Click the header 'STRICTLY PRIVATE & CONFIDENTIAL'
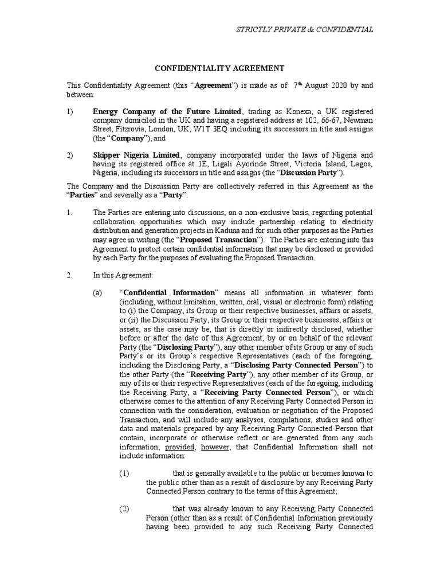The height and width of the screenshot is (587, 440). coord(305,30)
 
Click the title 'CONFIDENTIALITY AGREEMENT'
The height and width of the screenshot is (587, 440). coord(220,68)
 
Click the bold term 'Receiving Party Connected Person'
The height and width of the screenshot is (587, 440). coord(268,393)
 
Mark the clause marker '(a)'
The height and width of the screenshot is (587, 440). coord(98,292)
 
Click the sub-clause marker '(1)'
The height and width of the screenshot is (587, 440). coord(125,473)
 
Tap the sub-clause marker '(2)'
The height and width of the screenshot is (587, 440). coord(125,509)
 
